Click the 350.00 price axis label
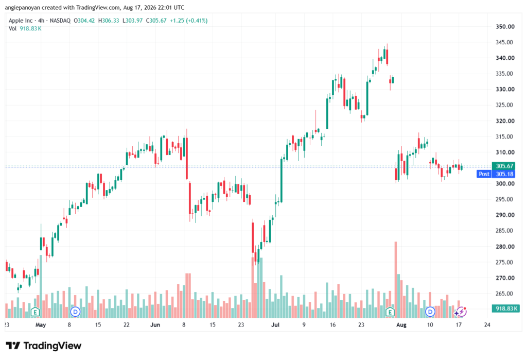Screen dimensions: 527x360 [505, 27]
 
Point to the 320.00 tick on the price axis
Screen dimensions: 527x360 [505, 121]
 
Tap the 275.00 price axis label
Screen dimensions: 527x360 [505, 262]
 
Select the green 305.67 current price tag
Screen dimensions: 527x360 [504, 166]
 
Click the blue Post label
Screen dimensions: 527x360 [484, 174]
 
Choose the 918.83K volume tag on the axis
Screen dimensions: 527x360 [505, 308]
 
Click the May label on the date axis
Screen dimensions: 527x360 [41, 324]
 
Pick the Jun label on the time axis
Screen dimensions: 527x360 [155, 324]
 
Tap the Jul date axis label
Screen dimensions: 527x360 [275, 324]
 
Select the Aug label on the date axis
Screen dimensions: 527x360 [401, 324]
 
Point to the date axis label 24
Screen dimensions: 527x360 [487, 324]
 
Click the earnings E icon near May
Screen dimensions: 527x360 [35, 312]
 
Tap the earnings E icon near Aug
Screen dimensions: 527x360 [390, 312]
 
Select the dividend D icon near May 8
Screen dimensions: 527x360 [75, 312]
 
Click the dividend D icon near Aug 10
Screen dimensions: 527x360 [430, 312]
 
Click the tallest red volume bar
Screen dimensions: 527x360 [396, 280]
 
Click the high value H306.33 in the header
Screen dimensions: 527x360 [109, 21]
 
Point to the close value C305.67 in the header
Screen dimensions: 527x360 [156, 21]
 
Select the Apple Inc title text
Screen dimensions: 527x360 [21, 21]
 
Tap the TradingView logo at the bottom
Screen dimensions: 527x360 [43, 346]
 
